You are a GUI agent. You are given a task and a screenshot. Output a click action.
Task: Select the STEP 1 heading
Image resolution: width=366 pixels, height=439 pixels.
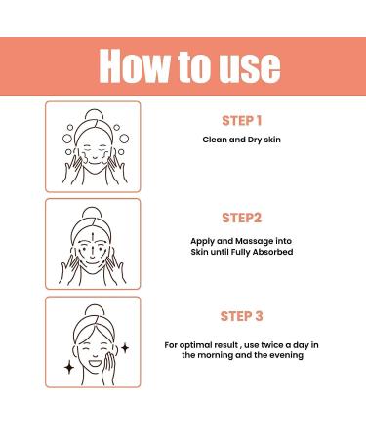(x=242, y=121)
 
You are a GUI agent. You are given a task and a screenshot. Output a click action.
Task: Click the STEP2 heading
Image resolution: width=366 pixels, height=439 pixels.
(x=242, y=218)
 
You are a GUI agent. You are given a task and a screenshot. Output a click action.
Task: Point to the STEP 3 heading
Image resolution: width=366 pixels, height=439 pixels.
(x=242, y=316)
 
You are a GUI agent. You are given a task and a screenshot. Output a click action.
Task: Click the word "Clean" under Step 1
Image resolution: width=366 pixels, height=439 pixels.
(x=215, y=140)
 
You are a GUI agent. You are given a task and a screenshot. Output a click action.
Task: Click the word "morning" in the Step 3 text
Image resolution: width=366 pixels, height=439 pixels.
(x=215, y=355)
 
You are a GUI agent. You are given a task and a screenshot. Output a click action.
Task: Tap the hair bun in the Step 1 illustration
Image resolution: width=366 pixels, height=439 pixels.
(x=94, y=115)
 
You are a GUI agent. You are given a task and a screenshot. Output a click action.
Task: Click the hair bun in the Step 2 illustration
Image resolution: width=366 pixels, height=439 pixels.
(x=93, y=213)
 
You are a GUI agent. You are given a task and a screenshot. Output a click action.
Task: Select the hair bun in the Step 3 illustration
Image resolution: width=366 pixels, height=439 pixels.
(x=95, y=310)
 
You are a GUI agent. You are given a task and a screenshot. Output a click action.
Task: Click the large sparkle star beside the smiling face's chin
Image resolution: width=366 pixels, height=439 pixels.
(x=69, y=368)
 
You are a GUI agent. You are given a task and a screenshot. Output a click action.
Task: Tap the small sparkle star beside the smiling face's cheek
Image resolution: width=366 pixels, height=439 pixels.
(x=125, y=348)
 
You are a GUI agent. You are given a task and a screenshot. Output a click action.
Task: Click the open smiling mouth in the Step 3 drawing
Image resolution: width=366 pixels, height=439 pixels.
(x=95, y=362)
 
